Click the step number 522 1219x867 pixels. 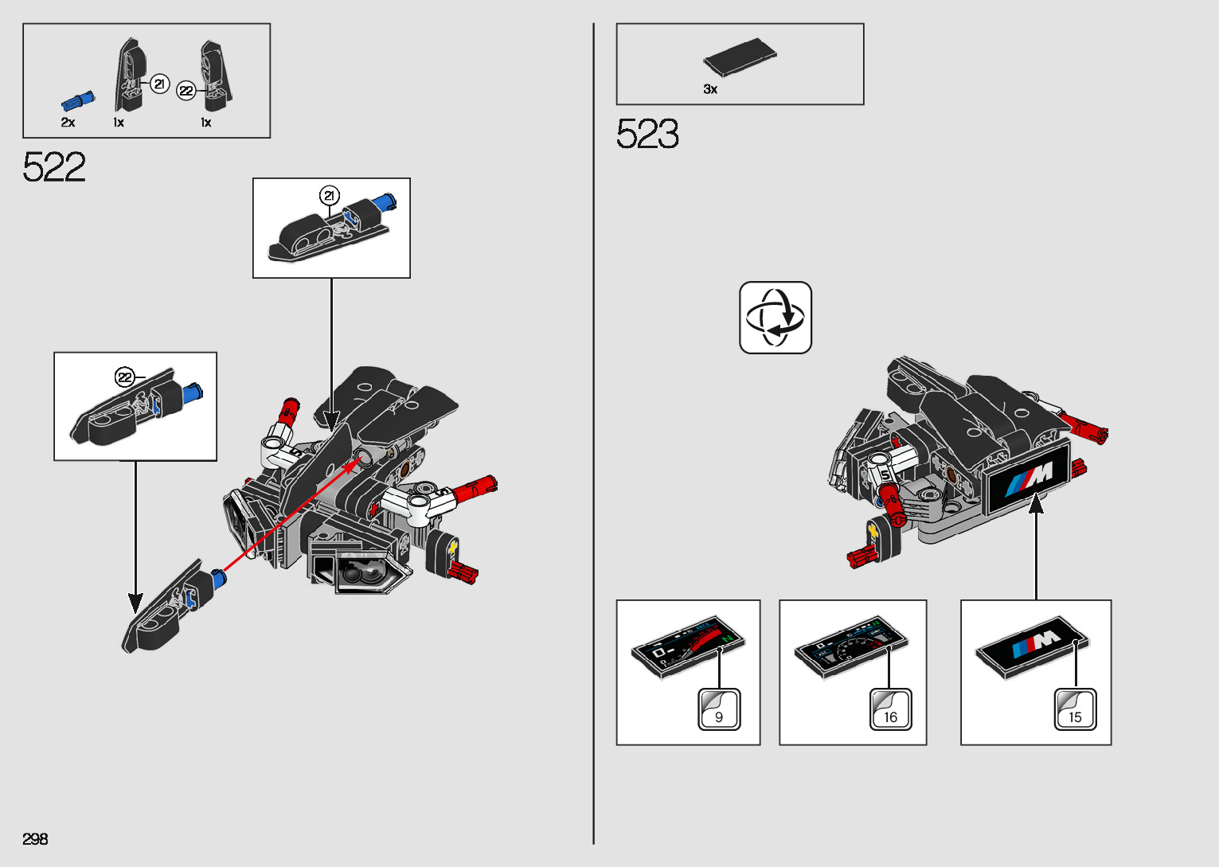click(x=54, y=167)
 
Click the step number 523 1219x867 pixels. click(x=647, y=134)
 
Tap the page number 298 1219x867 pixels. click(x=35, y=839)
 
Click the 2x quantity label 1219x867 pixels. click(x=68, y=123)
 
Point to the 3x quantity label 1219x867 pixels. click(x=710, y=89)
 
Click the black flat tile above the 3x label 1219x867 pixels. click(x=739, y=58)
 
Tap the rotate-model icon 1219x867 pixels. click(x=775, y=317)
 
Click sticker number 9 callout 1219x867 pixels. click(x=719, y=709)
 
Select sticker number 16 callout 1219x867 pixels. click(x=889, y=709)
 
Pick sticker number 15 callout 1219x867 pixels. click(x=1075, y=709)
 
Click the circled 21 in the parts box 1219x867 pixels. click(x=160, y=83)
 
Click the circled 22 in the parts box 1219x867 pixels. click(x=186, y=91)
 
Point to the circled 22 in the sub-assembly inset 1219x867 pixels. click(x=125, y=377)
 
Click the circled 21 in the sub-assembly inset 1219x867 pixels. click(x=329, y=196)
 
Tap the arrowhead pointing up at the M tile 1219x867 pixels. click(x=1035, y=503)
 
